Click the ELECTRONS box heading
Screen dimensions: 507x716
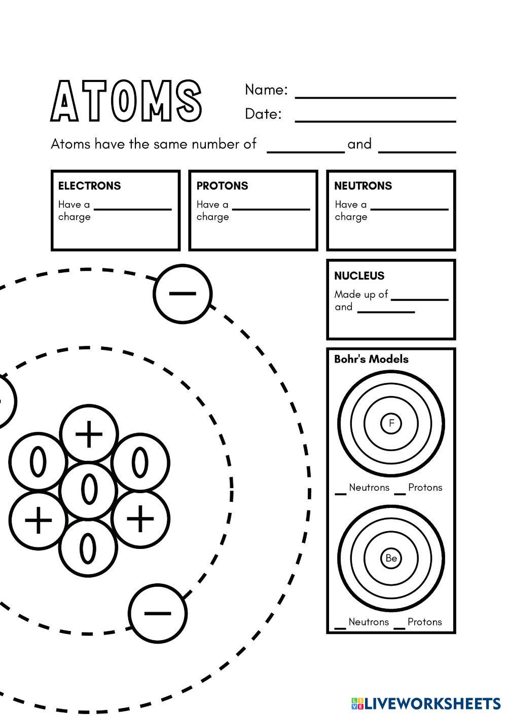click(x=89, y=185)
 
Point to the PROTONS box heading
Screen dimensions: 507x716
click(x=222, y=185)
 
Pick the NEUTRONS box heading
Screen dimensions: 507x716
click(x=363, y=185)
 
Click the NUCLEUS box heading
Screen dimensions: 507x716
click(x=359, y=275)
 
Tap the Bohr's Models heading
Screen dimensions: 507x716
click(x=371, y=359)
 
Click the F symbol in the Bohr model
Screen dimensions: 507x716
click(x=391, y=423)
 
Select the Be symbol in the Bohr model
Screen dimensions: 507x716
click(x=391, y=558)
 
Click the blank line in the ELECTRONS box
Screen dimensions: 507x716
click(x=133, y=209)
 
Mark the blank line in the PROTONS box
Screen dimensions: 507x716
click(x=271, y=209)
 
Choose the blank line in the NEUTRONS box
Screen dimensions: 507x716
click(x=409, y=209)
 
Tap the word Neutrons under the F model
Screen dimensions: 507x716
click(x=369, y=487)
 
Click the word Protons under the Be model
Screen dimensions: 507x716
click(x=424, y=622)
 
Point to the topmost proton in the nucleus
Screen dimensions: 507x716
click(x=89, y=433)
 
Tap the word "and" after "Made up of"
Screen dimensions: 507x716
click(x=343, y=307)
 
